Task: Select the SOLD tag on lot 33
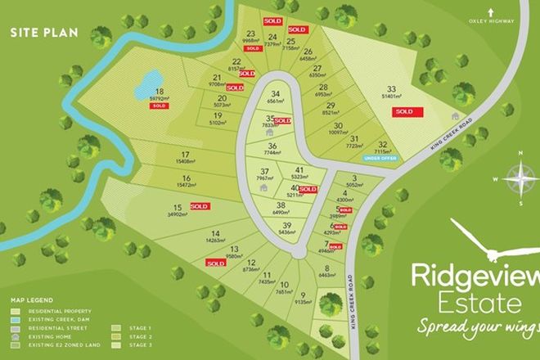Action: (403, 111)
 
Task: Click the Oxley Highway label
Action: (514, 22)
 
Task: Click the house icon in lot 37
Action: (263, 187)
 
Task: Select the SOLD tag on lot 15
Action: (199, 207)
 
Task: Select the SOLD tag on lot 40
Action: (308, 189)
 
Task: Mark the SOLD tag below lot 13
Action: (215, 263)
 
